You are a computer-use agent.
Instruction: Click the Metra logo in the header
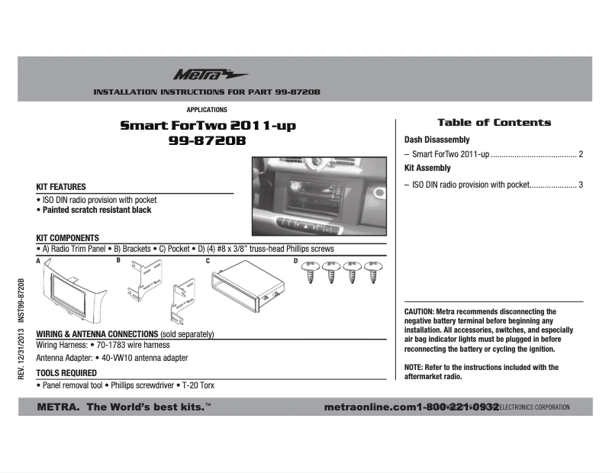201,75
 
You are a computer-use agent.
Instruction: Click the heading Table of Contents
494,122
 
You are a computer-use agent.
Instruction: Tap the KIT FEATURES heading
61,187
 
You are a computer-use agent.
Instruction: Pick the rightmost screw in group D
373,273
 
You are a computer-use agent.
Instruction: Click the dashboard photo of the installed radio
319,198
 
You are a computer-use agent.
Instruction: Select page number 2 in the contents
581,154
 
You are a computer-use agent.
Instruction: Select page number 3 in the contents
581,185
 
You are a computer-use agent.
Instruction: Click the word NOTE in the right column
414,367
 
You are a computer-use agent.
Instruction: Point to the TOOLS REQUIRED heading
66,373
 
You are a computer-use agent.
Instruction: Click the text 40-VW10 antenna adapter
145,358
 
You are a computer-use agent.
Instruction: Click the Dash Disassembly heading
436,140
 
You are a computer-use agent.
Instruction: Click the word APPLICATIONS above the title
207,110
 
